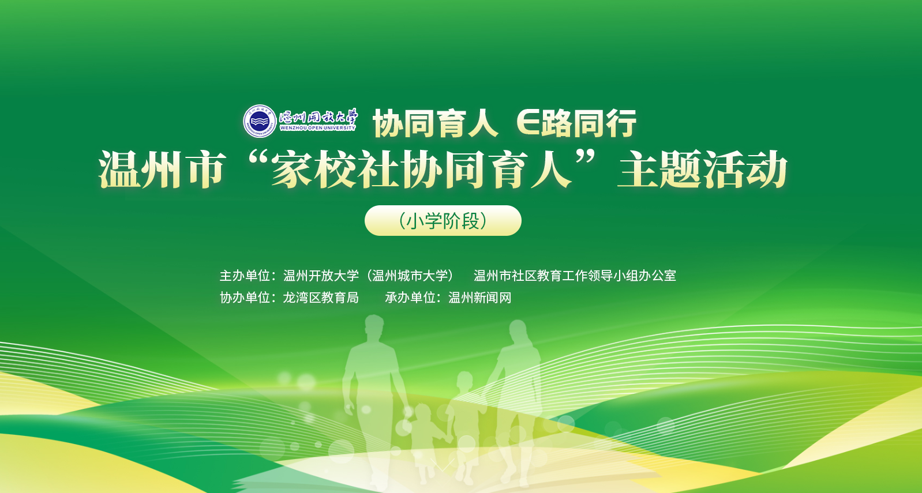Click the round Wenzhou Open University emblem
[x=260, y=121]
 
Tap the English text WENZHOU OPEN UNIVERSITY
[x=317, y=128]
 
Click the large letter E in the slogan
[x=528, y=123]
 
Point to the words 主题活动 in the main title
[x=703, y=169]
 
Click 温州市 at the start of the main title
[x=163, y=170]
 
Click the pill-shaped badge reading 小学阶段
[x=443, y=221]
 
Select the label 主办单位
[x=245, y=276]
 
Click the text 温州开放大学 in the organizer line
[x=321, y=276]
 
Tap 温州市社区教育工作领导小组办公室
[x=575, y=276]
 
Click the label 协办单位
[x=245, y=298]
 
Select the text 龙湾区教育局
[x=321, y=298]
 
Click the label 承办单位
[x=410, y=298]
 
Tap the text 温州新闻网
[x=480, y=298]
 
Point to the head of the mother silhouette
[x=518, y=332]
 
